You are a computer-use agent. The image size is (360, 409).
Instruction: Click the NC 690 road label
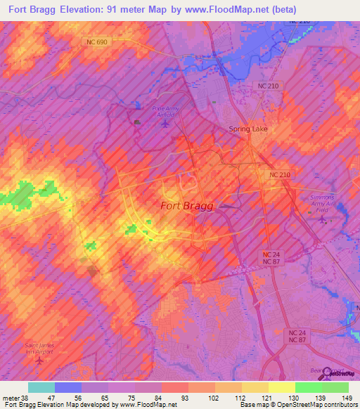(x=98, y=42)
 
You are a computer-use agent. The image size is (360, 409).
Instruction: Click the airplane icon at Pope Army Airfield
(x=165, y=124)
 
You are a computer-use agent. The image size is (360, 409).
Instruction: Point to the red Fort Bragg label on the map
(x=187, y=206)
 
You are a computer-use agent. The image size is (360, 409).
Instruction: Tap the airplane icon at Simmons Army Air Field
(x=323, y=219)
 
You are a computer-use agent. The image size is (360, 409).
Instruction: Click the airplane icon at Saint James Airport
(x=39, y=361)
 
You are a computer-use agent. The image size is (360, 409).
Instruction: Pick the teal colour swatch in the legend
(x=41, y=387)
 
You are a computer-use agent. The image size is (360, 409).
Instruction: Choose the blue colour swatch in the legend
(x=68, y=387)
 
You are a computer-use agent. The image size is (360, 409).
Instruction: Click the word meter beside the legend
(x=10, y=397)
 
